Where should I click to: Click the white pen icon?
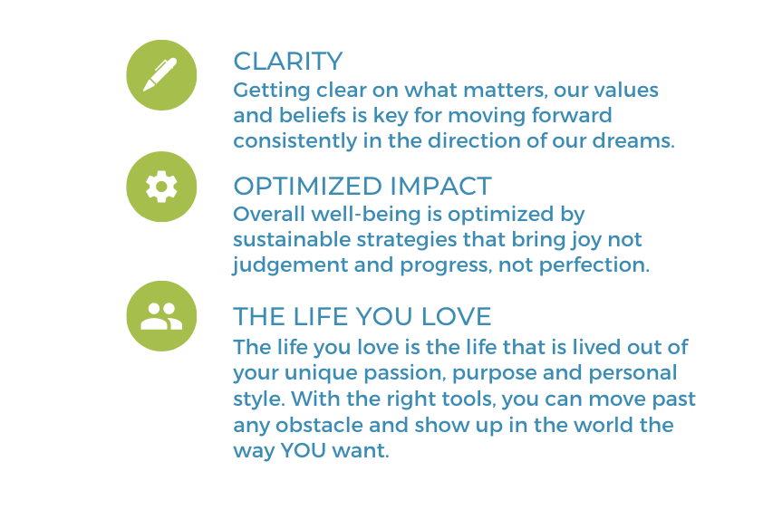[x=160, y=74]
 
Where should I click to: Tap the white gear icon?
[x=161, y=187]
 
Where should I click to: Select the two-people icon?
[x=161, y=316]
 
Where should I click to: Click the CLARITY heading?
[x=288, y=62]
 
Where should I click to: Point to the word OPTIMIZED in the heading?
[x=308, y=187]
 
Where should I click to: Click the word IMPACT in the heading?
[x=441, y=187]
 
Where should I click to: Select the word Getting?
[x=272, y=91]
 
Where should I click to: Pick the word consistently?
[x=295, y=141]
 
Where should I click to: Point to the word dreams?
[x=633, y=141]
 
